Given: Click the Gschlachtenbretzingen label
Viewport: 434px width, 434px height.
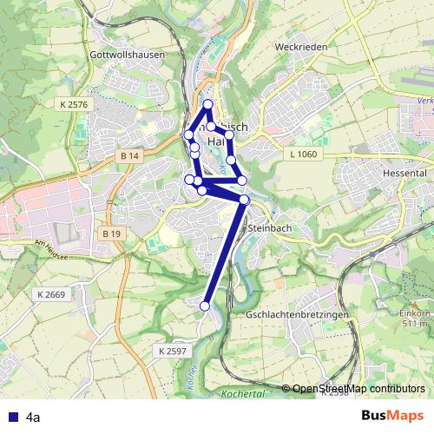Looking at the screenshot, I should click(x=298, y=313).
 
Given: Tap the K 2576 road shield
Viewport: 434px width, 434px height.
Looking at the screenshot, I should click(x=75, y=104).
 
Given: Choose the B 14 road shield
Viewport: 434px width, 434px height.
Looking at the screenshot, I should click(x=130, y=155).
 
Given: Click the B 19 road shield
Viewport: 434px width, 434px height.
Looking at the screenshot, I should click(x=110, y=233).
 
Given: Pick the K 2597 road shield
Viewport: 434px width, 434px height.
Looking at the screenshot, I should click(x=174, y=351).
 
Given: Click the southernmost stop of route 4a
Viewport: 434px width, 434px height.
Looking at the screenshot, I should click(x=206, y=306).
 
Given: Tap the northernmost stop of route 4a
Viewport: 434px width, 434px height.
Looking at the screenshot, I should click(x=207, y=105).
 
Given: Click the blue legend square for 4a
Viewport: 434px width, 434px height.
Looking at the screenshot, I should click(x=11, y=418).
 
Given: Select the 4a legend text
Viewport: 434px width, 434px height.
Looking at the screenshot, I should click(x=34, y=418).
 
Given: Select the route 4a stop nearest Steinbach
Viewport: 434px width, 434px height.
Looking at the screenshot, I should click(x=245, y=200).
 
